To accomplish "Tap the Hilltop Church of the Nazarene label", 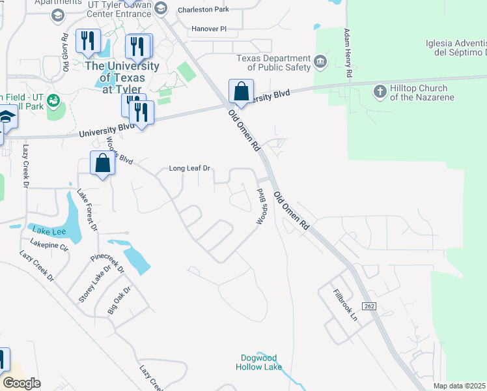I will pyautogui.click(x=419, y=93).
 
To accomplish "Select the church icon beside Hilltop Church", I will pyautogui.click(x=380, y=92).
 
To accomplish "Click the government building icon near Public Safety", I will pyautogui.click(x=320, y=63).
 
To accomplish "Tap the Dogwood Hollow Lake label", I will pyautogui.click(x=258, y=362).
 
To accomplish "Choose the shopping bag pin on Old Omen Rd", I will pyautogui.click(x=241, y=92).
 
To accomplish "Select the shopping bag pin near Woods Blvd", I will pyautogui.click(x=103, y=163).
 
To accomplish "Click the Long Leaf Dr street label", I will pyautogui.click(x=191, y=168).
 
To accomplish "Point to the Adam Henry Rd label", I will pyautogui.click(x=348, y=54).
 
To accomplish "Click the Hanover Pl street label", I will pyautogui.click(x=209, y=29).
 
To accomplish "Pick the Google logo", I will pyautogui.click(x=21, y=383).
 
